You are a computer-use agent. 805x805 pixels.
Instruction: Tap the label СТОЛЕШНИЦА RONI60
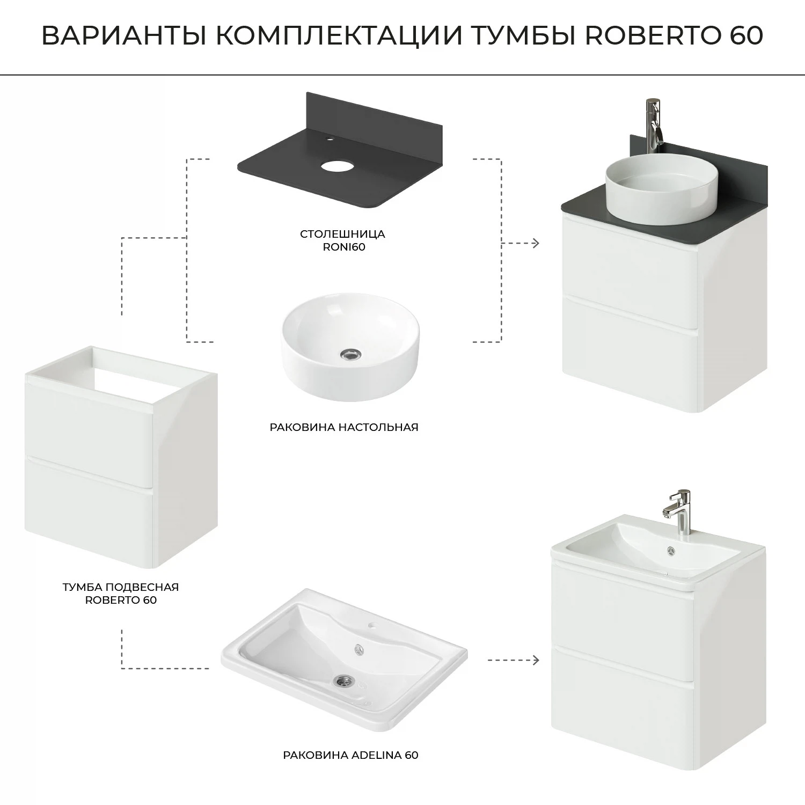point(343,240)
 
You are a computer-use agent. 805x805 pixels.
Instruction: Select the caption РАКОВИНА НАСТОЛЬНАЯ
point(344,427)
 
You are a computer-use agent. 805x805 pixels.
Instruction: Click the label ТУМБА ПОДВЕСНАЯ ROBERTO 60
point(121,593)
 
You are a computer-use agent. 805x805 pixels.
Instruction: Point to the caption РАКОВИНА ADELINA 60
point(350,755)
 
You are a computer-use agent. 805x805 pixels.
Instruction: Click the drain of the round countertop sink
point(351,354)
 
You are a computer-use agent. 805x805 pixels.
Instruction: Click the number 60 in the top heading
point(746,36)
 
